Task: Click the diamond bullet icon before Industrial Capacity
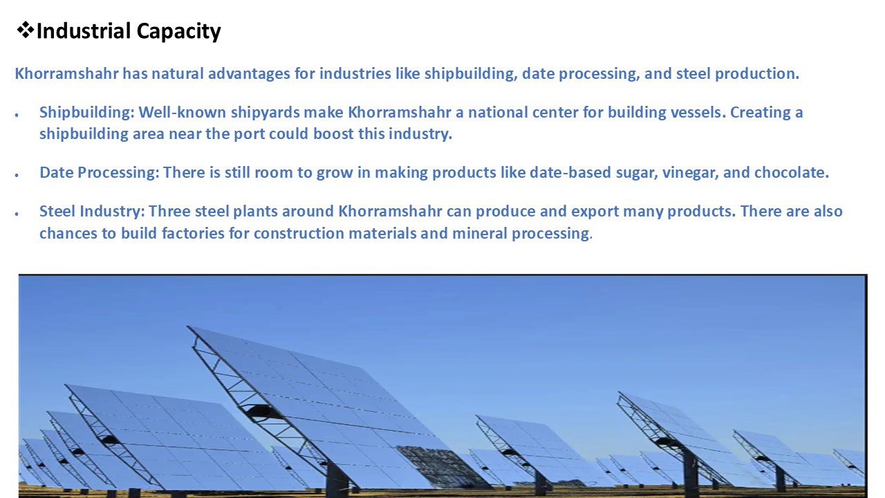(x=26, y=30)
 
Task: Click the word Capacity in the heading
(x=178, y=32)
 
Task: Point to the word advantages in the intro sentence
(x=249, y=73)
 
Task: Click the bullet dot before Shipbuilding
(x=17, y=115)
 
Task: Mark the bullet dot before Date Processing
(x=17, y=175)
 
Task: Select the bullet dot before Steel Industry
(x=17, y=214)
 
